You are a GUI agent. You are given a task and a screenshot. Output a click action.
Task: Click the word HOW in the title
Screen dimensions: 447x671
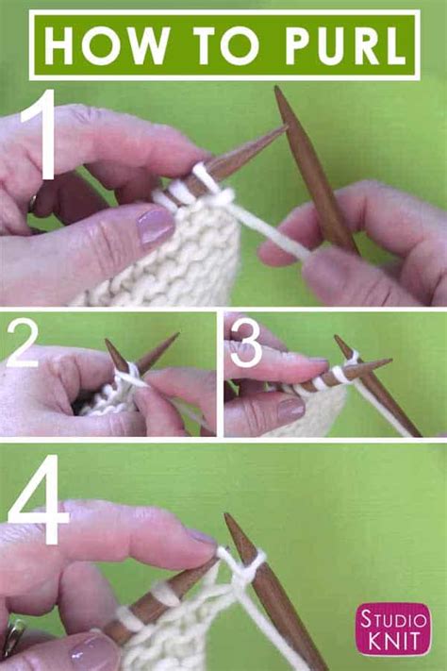click(x=106, y=45)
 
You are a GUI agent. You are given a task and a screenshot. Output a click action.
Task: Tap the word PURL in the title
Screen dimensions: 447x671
click(x=346, y=45)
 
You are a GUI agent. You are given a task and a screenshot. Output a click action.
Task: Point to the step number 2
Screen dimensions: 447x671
click(x=23, y=344)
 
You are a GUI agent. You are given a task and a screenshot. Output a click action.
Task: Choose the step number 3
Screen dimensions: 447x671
click(x=244, y=344)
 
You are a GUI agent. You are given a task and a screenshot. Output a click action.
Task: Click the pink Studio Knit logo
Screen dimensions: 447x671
click(x=393, y=629)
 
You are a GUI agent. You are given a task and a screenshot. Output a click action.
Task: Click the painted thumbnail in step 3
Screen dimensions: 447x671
click(x=290, y=410)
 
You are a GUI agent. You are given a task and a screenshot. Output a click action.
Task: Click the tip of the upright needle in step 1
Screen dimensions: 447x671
click(x=277, y=88)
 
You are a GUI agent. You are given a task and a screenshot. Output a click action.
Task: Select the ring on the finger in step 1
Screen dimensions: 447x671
click(x=32, y=203)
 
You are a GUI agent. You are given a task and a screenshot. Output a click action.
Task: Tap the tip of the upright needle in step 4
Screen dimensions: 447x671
click(x=227, y=515)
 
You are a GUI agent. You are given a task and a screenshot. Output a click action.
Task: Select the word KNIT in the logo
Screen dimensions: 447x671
click(x=393, y=642)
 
